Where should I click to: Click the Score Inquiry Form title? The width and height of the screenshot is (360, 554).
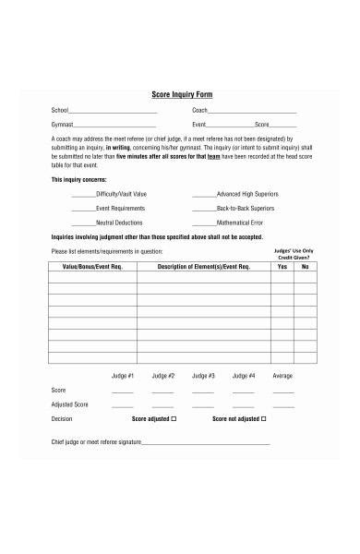[181, 94]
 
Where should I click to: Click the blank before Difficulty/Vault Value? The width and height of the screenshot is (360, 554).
[83, 196]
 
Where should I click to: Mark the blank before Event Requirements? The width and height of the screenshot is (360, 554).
[83, 210]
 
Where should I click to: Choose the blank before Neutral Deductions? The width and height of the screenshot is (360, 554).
[83, 223]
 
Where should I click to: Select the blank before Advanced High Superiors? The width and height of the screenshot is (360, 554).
[203, 196]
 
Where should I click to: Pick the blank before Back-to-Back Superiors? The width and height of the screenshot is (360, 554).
[203, 210]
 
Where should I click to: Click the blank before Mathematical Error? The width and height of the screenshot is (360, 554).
[203, 223]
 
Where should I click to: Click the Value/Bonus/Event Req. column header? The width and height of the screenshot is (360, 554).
[92, 266]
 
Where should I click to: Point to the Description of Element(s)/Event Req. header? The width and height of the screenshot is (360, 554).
[204, 266]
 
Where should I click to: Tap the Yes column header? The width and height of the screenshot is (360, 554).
[282, 266]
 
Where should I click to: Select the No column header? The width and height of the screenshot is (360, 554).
[304, 266]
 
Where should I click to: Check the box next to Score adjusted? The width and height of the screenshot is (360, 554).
[174, 418]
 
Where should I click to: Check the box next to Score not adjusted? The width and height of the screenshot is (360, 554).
[264, 418]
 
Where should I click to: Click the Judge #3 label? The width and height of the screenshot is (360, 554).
[203, 376]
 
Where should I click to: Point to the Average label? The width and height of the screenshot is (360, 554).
[283, 376]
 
